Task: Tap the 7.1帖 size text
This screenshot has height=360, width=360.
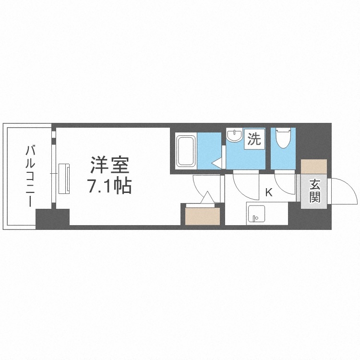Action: point(109,186)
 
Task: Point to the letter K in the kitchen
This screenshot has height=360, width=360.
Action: point(269,192)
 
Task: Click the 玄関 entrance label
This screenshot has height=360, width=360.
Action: point(314,190)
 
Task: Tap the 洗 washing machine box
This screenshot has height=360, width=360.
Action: point(253,139)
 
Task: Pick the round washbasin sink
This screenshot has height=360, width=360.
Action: point(235,136)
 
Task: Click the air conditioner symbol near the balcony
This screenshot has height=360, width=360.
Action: point(64,178)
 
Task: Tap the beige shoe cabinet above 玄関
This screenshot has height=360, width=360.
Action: point(314,168)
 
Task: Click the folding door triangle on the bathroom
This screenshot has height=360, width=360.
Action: point(217,163)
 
